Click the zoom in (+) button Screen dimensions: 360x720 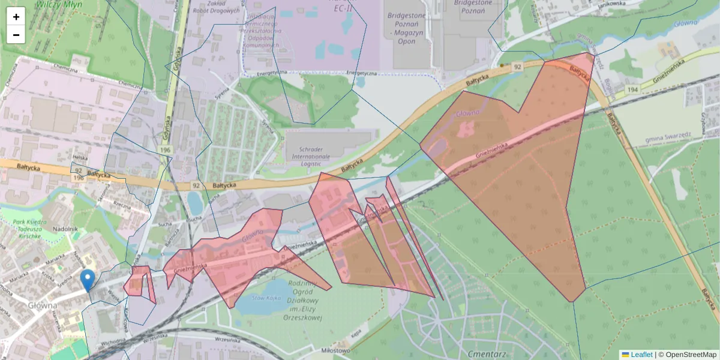coord(16,17)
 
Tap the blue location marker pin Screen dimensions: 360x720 coord(87,280)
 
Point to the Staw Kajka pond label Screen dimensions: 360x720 coord(268,297)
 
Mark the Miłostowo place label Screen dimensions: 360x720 coord(335,350)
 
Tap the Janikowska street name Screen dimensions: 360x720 coord(612,4)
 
